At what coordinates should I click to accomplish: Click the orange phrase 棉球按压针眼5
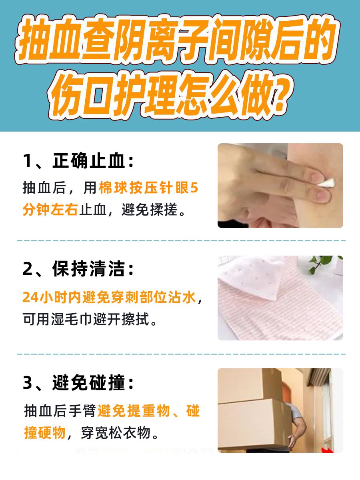coord(148,188)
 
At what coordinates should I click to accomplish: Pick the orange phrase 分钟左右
coord(50,210)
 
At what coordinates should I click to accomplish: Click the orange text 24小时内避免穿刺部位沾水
coord(109,298)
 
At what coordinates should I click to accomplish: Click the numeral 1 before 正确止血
coord(27,162)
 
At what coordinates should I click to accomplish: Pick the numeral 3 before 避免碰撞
coord(27,383)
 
